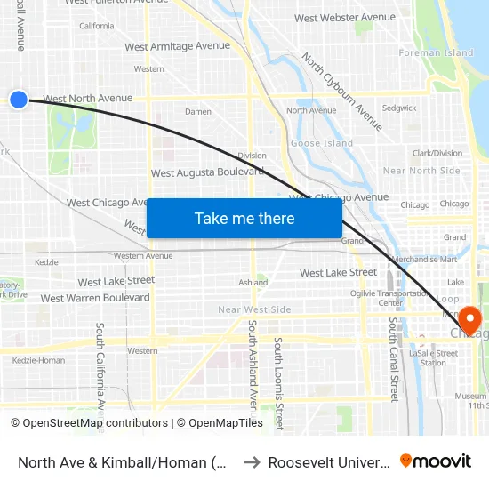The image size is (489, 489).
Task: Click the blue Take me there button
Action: click(244, 218)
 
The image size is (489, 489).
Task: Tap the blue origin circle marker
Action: click(19, 100)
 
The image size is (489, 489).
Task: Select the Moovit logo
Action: click(436, 461)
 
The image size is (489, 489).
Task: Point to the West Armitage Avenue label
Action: click(177, 46)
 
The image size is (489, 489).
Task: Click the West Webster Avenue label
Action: click(344, 18)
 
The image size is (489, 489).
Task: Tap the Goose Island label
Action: click(321, 143)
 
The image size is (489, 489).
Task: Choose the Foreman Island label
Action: click(437, 53)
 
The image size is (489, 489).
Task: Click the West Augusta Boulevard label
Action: click(207, 172)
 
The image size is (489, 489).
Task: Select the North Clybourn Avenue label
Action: click(341, 92)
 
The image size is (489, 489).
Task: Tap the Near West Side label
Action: click(254, 309)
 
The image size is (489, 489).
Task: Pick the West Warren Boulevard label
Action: click(95, 298)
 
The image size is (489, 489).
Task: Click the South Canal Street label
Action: click(394, 359)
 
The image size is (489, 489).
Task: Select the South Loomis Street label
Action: click(278, 382)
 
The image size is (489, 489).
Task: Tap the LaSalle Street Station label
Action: click(433, 358)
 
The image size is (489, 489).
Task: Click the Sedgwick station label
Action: click(398, 108)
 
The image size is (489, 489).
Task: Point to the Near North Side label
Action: click(421, 171)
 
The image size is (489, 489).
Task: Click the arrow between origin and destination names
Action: click(252, 461)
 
